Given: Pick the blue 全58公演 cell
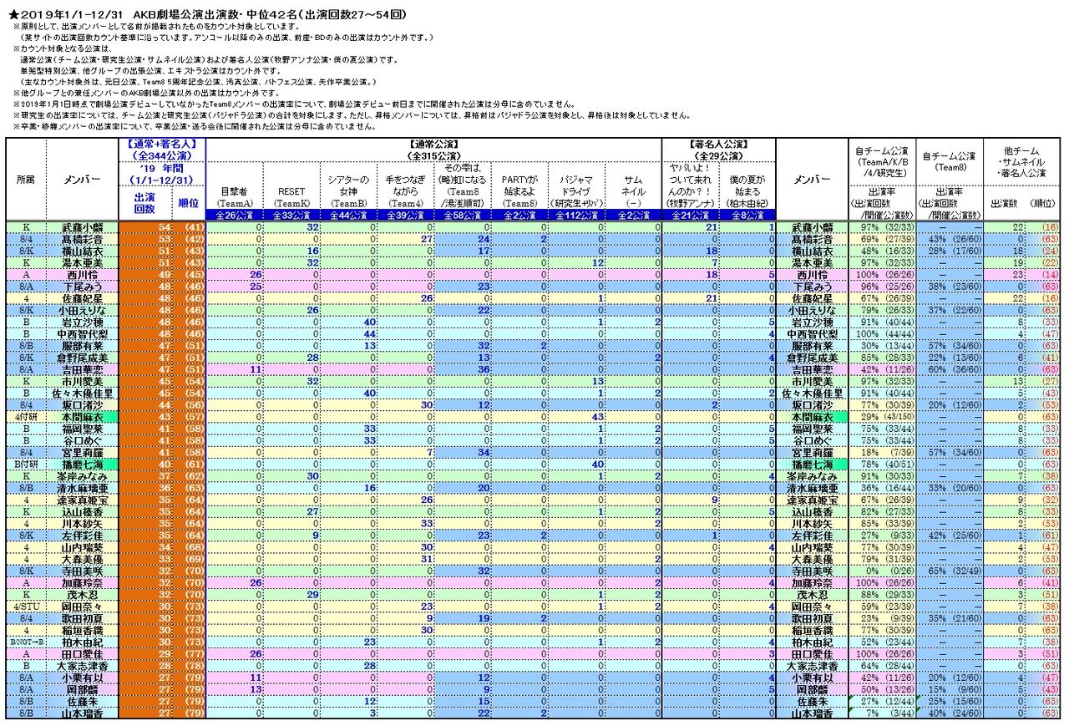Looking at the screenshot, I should (x=463, y=216).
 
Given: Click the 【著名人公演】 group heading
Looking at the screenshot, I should (x=718, y=144).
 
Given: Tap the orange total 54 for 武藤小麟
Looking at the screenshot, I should (x=164, y=227).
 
